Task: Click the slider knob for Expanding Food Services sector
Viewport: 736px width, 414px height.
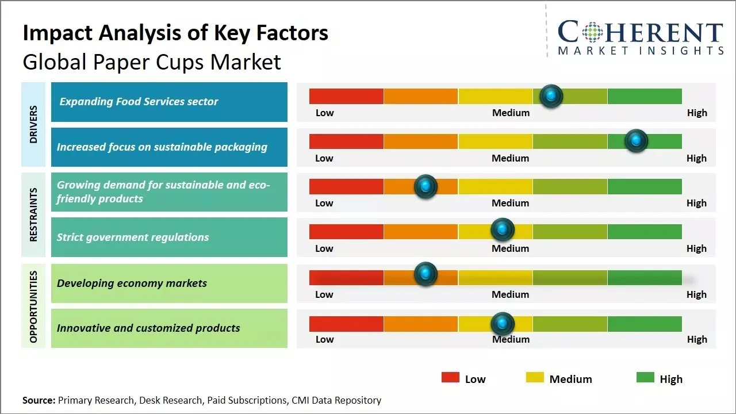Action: coord(551,96)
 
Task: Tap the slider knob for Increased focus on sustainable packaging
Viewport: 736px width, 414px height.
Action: coord(636,141)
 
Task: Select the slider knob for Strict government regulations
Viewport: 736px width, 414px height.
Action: coord(503,230)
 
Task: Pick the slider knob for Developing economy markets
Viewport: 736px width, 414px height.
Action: coord(425,274)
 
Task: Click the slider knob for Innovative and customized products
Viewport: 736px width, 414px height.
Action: coord(503,324)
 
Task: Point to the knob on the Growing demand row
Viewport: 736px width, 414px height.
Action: coord(425,186)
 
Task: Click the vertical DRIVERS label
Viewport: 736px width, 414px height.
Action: coord(33,124)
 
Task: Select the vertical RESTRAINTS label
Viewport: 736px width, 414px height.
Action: coord(33,214)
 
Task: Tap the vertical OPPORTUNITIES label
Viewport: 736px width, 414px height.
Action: coord(33,307)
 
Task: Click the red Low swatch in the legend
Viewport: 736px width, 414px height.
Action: coord(450,378)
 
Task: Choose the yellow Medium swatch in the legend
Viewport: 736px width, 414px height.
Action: coord(535,378)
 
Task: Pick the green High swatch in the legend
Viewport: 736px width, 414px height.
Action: coord(645,378)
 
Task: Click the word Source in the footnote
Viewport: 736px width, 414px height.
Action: coord(39,400)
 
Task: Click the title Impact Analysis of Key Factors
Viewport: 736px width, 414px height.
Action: coord(175,33)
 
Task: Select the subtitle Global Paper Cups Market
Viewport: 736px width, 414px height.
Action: coord(152,62)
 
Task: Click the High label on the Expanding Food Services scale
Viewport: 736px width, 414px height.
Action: coord(697,113)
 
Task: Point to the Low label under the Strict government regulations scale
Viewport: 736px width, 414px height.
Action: coord(324,248)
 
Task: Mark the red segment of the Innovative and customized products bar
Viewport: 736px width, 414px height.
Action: coord(346,324)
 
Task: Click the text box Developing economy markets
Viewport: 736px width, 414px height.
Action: coord(132,283)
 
